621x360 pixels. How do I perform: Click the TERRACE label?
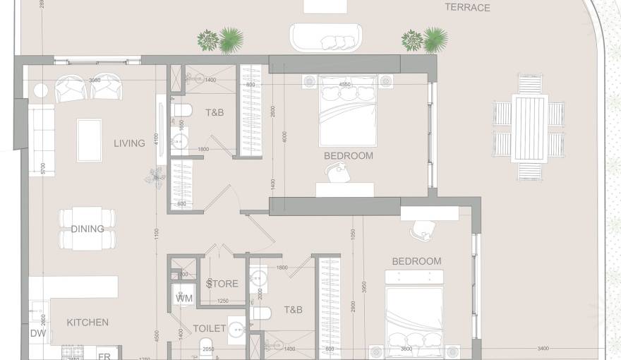(467, 8)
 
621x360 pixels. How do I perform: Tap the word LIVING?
(129, 143)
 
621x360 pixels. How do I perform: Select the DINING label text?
(88, 229)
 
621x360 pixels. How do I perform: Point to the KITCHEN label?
(88, 323)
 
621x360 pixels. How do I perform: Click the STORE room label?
(222, 284)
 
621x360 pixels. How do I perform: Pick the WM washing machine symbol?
(183, 298)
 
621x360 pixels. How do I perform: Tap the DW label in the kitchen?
(37, 334)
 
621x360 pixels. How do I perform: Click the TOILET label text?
(210, 328)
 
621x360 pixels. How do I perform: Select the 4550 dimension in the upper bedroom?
(345, 85)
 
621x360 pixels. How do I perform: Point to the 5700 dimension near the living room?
(43, 169)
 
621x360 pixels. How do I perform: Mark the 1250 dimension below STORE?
(223, 301)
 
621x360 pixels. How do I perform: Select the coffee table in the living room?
(89, 140)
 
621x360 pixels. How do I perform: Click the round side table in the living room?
(41, 90)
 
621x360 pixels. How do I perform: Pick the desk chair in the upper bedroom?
(338, 170)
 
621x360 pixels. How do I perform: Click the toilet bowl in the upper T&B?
(182, 111)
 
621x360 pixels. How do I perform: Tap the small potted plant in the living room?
(153, 176)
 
